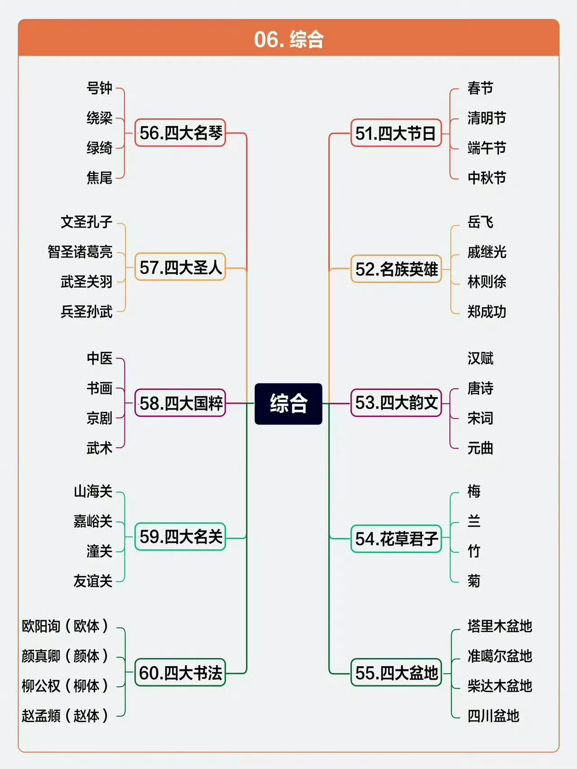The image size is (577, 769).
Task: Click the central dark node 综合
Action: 288,403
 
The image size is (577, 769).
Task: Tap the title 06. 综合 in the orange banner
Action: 288,39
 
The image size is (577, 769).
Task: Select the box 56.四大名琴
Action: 180,133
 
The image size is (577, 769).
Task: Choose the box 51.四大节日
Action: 396,133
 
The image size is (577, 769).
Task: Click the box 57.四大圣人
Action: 180,267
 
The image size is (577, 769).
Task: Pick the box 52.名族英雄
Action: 396,269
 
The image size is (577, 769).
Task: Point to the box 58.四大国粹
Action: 180,403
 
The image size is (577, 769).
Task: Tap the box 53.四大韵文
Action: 396,403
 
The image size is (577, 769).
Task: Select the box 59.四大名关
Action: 180,537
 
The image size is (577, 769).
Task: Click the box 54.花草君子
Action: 396,539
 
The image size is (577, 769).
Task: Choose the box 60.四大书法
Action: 180,673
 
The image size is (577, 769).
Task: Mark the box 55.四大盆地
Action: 396,673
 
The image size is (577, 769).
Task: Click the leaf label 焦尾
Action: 99,178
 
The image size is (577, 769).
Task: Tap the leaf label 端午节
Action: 487,148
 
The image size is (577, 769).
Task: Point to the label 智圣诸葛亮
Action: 80,252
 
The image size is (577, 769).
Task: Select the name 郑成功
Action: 487,311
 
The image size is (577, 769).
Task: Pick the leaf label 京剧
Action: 99,418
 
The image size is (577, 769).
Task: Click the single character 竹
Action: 474,551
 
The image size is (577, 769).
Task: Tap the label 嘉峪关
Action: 93,521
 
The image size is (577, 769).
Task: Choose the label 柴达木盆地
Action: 500,686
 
